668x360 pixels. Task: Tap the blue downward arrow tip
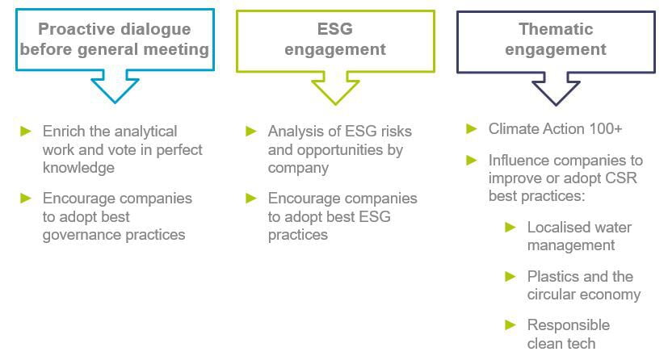(115, 103)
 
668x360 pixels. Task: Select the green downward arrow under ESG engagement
(335, 88)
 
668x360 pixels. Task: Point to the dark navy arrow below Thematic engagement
(556, 89)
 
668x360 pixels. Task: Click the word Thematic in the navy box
(556, 29)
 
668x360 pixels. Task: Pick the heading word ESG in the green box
(335, 29)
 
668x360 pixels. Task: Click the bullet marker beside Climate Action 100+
(472, 128)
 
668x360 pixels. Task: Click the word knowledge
(78, 168)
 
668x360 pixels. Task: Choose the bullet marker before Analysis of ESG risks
(251, 131)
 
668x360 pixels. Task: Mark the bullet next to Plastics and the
(510, 277)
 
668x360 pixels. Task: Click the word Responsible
(569, 325)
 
